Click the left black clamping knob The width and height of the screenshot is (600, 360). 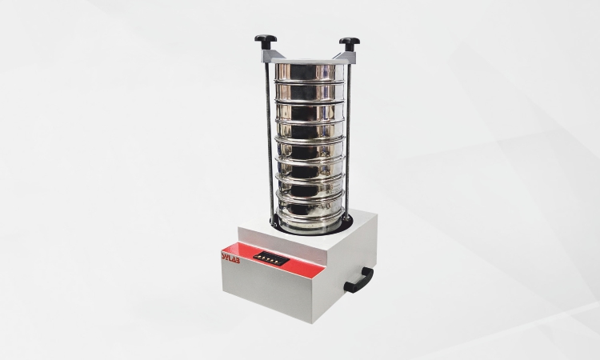click(x=266, y=39)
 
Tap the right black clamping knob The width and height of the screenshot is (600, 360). click(x=349, y=42)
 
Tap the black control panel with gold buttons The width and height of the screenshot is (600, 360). click(x=272, y=258)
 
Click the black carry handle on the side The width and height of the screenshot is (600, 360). click(x=359, y=280)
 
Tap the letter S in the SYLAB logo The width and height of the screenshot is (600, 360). click(x=223, y=254)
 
